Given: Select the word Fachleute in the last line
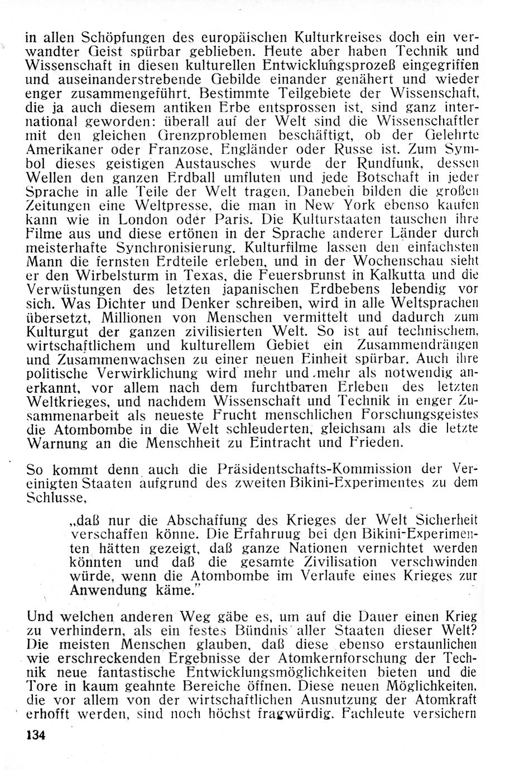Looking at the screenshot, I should tap(379, 712).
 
